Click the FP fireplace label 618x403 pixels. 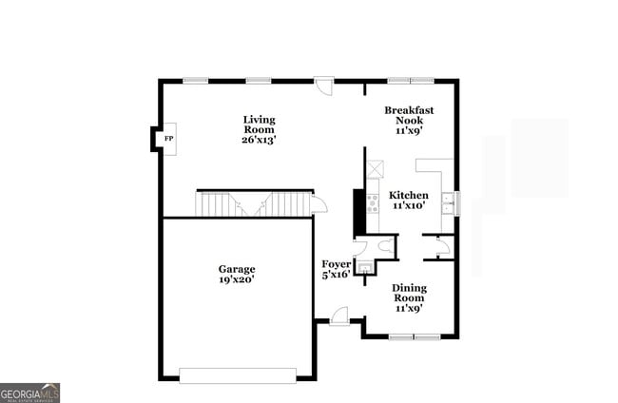(169, 140)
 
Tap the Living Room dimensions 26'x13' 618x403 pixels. (259, 140)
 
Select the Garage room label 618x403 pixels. (237, 269)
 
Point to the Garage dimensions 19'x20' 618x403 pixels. (237, 280)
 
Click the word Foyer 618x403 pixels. (336, 263)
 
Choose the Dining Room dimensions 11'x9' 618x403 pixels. (409, 308)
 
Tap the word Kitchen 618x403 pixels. (409, 195)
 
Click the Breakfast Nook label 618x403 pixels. (409, 116)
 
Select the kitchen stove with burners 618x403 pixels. (373, 201)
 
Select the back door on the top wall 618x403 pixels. (324, 86)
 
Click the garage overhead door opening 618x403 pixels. (238, 375)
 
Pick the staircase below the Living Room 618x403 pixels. (254, 203)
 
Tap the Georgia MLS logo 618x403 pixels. (30, 393)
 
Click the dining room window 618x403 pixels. (415, 336)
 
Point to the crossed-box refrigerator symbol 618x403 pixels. (375, 169)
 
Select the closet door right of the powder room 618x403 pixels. (440, 249)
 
